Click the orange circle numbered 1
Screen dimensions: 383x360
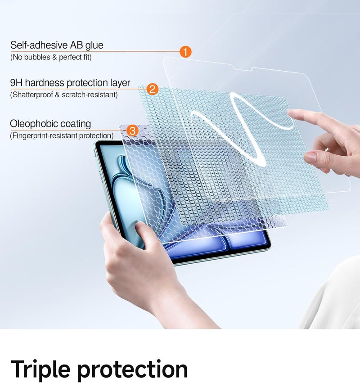click(x=185, y=52)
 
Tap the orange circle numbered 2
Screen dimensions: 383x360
click(x=153, y=89)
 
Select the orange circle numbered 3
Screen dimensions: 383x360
click(x=132, y=131)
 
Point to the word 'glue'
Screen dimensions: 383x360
click(x=94, y=45)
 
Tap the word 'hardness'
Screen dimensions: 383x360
click(x=45, y=83)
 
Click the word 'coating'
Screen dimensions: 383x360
click(x=75, y=124)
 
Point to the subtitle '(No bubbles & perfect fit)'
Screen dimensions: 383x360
click(x=51, y=58)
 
